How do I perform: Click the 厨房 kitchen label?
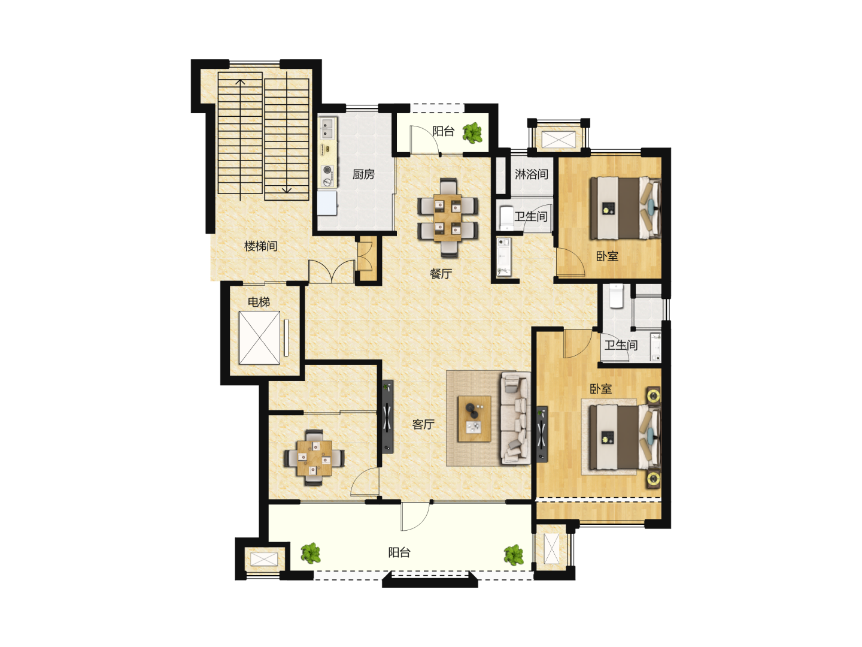(363, 174)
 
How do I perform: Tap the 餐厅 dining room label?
(441, 274)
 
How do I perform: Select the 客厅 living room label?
(423, 424)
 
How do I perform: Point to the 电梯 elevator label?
(259, 302)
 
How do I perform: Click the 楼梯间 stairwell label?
(261, 246)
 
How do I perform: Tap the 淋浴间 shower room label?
(532, 174)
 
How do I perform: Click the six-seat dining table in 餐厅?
(448, 217)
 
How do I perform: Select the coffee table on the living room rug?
(474, 419)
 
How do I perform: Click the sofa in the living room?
(515, 419)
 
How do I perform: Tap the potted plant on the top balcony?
(472, 133)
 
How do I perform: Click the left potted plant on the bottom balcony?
(311, 553)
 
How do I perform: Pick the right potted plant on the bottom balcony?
(514, 555)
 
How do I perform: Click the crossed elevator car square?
(259, 338)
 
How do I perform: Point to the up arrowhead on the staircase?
(240, 82)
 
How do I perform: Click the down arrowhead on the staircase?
(287, 190)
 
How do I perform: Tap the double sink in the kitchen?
(327, 128)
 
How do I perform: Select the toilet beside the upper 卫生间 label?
(506, 217)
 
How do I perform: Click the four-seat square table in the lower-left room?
(314, 458)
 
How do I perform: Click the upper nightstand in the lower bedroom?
(654, 395)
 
